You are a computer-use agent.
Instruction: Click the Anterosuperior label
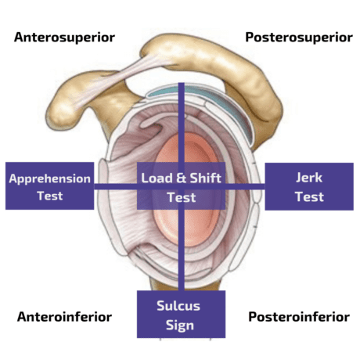[64, 38]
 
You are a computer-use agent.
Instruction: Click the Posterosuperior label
[299, 38]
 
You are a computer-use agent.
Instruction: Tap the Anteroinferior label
[64, 317]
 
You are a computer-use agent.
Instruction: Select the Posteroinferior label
[299, 317]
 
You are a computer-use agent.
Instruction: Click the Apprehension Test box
[50, 185]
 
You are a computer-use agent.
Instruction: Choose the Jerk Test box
[309, 186]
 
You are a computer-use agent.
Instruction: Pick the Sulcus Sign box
[181, 315]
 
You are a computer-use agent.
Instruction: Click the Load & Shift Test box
[181, 185]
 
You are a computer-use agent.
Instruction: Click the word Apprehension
[50, 179]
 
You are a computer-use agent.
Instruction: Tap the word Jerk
[309, 178]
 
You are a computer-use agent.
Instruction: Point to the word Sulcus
[178, 306]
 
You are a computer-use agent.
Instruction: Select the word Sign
[180, 326]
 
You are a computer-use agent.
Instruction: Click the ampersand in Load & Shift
[181, 178]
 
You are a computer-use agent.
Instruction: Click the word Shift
[206, 178]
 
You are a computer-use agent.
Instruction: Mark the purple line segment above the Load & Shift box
[182, 123]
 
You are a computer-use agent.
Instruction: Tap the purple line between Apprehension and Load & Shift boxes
[116, 186]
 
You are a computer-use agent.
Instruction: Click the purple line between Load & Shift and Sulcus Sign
[182, 250]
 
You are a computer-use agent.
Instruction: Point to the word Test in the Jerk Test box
[309, 196]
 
